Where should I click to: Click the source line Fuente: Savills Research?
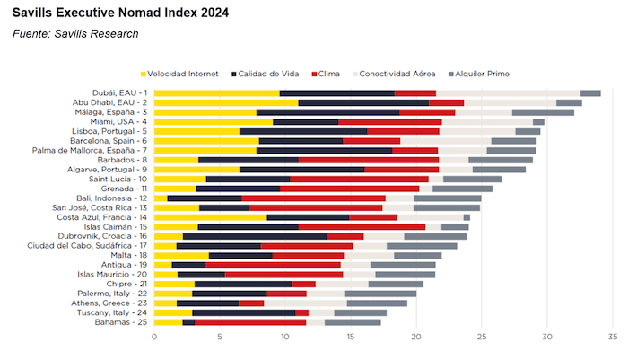[75, 34]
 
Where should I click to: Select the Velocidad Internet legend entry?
[182, 73]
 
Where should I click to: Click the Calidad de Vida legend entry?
[266, 73]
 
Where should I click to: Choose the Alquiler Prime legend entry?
[484, 73]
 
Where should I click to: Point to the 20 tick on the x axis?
[416, 338]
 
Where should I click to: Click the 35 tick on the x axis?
[613, 338]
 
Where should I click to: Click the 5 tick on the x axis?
[220, 338]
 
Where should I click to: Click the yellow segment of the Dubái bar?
[216, 92]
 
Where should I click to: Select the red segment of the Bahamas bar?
[250, 321]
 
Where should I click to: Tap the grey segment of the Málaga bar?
[543, 112]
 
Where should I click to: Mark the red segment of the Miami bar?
[390, 121]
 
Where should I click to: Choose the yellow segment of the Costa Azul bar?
[210, 216]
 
